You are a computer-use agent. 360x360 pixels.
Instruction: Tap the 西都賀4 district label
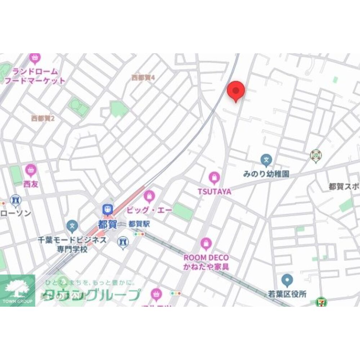coord(143,77)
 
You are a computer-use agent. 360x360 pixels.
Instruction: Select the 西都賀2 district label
coord(42,118)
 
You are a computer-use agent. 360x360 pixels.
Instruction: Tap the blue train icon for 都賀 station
coord(107,209)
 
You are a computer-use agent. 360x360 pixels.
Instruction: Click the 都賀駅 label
coord(139,224)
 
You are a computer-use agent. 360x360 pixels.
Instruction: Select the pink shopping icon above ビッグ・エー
coord(149,197)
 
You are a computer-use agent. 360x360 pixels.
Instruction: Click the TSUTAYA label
coord(215,192)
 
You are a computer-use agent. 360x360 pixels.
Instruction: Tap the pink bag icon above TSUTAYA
coord(214,177)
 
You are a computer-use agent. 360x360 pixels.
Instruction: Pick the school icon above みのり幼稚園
coord(266,159)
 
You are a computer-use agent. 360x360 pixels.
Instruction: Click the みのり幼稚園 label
coord(266,174)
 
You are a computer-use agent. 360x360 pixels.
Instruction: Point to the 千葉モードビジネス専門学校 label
coord(72,244)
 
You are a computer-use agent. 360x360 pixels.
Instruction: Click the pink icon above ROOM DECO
coord(206,243)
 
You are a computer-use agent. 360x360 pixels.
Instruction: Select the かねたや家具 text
coord(206,267)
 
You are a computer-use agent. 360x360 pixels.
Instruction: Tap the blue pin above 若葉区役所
coord(287,279)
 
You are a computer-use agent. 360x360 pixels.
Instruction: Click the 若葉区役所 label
coord(287,294)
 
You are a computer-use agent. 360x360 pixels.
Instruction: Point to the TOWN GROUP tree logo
coord(17,288)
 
